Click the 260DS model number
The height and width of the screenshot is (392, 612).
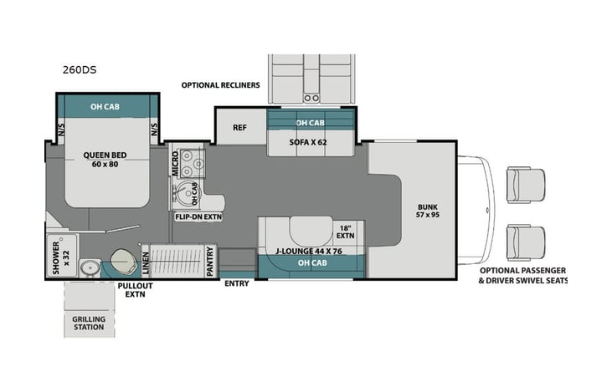[x=79, y=70]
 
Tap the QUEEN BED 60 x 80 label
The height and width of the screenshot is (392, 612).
[x=105, y=160]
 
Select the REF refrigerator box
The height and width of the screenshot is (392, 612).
[x=239, y=128]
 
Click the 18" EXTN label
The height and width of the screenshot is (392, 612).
[x=346, y=232]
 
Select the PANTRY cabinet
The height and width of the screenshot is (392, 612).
[x=209, y=260]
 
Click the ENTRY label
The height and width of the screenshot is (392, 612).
[x=237, y=283]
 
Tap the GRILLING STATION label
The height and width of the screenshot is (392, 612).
[x=88, y=322]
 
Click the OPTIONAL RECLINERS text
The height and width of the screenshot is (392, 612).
[x=220, y=85]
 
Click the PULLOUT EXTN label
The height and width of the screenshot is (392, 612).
[x=130, y=289]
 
